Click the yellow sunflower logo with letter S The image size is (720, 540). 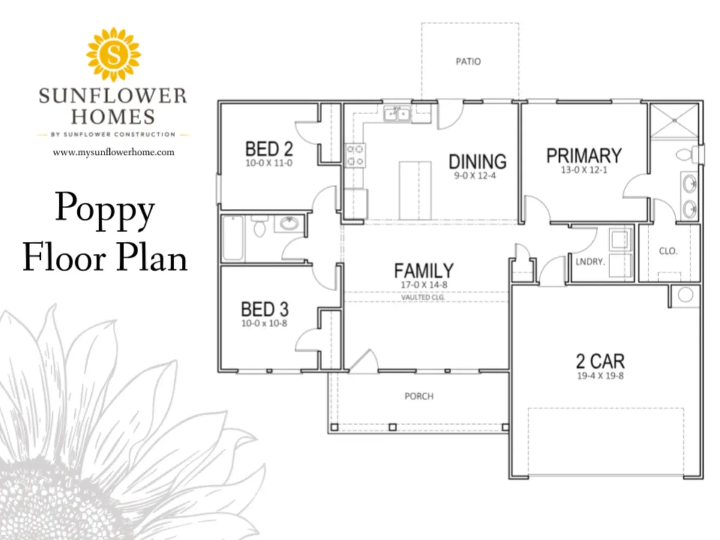[113, 55]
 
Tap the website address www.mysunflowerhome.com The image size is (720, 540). [113, 152]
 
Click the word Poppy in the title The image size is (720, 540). [104, 210]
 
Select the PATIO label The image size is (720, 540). [468, 61]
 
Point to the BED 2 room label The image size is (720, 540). [269, 149]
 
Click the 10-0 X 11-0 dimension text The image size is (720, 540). [269, 163]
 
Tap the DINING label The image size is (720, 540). [477, 161]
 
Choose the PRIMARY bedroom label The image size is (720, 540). [584, 156]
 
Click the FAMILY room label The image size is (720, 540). [424, 271]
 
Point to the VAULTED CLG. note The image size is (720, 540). [423, 298]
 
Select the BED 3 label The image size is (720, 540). [265, 309]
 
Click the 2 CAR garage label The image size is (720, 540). [600, 361]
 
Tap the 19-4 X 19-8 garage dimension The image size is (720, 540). [600, 376]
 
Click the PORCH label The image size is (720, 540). [419, 397]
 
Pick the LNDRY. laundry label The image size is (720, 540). [590, 262]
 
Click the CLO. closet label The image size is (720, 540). [668, 251]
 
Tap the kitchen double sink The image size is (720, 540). [397, 114]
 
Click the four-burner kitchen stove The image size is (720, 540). [355, 155]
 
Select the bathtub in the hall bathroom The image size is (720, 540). [233, 238]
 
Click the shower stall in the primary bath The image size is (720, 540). [674, 121]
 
